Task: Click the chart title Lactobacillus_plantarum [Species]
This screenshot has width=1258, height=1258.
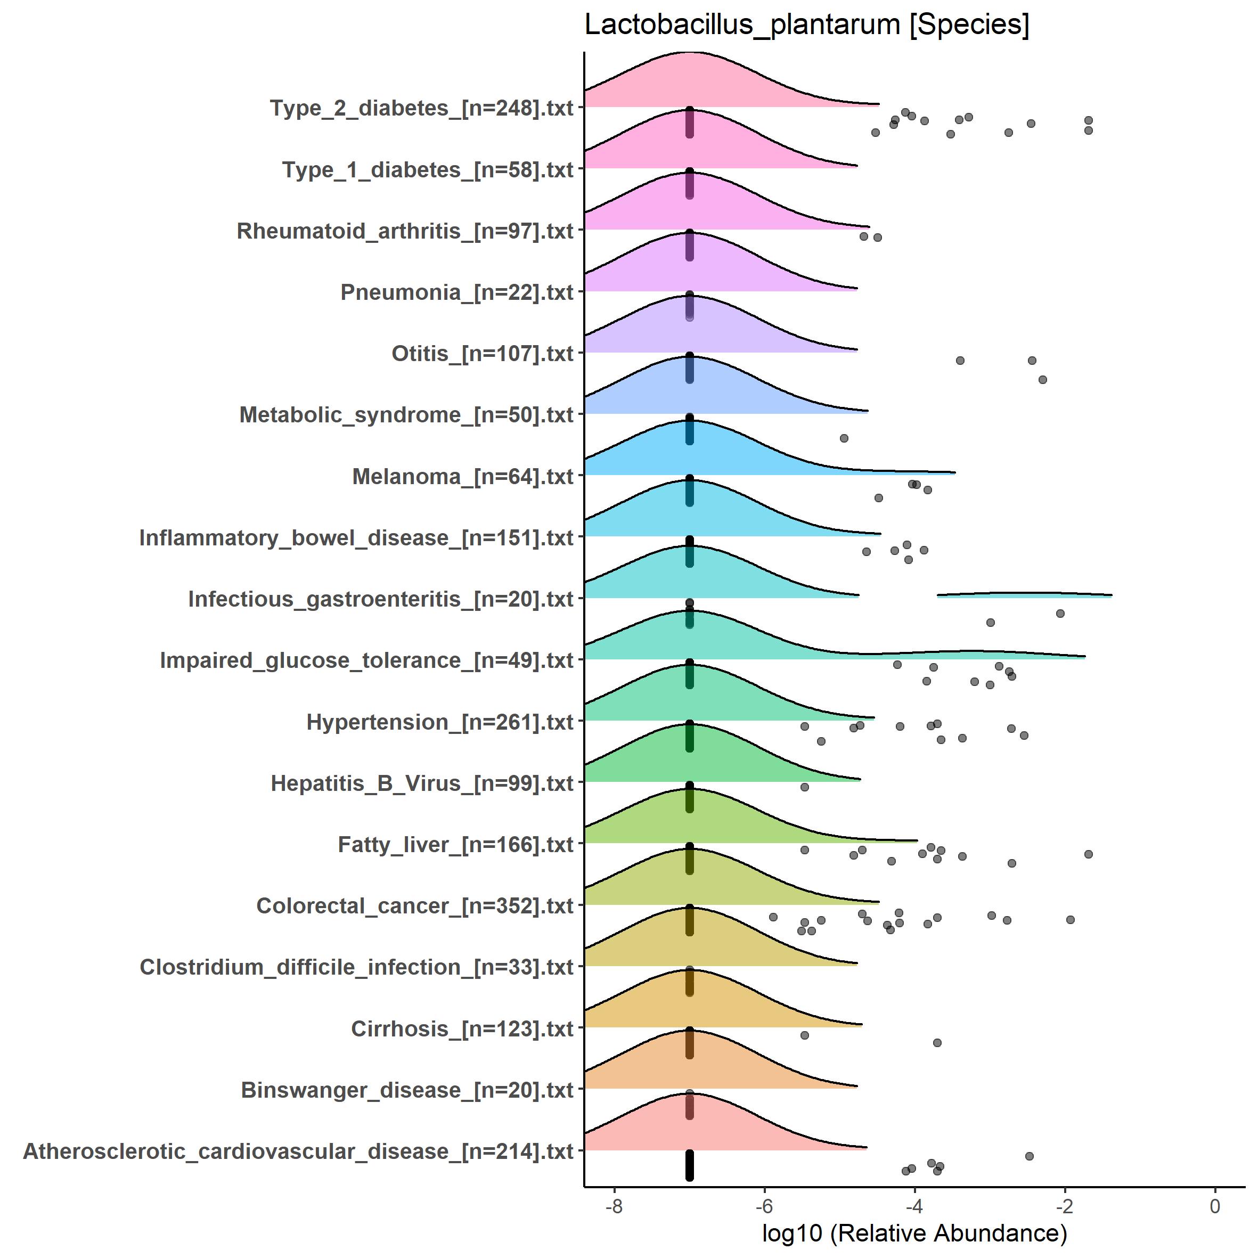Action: tap(807, 26)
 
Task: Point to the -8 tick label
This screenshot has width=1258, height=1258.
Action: tap(614, 1206)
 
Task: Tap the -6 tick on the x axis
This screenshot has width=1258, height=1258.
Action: tap(764, 1206)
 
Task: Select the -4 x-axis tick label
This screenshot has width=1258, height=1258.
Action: tap(914, 1206)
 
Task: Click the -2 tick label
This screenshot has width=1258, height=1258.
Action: tap(1064, 1206)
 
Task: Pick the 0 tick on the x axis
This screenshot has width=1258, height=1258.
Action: tap(1214, 1206)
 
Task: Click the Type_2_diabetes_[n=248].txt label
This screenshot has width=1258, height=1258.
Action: tap(421, 108)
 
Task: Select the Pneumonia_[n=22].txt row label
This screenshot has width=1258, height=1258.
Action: tap(456, 292)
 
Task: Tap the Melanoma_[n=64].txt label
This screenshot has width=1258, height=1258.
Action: tap(462, 477)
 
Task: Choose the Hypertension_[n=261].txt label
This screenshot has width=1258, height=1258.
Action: tap(439, 722)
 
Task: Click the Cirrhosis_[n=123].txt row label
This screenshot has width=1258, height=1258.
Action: tap(462, 1029)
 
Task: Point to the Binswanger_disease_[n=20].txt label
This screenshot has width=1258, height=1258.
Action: tap(407, 1090)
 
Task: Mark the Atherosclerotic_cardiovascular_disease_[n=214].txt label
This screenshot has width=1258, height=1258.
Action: tap(298, 1151)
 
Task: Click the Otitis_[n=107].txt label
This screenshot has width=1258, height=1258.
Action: tap(482, 354)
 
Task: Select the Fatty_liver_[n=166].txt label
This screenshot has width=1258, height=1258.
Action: tap(455, 845)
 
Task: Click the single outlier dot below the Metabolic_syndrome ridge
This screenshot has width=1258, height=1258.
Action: tap(844, 438)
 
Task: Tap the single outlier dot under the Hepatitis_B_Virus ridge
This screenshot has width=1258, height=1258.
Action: tap(804, 787)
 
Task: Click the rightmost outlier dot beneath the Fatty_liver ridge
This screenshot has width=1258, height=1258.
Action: tap(1088, 854)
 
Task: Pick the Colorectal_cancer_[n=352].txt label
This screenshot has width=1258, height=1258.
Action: tap(415, 906)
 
